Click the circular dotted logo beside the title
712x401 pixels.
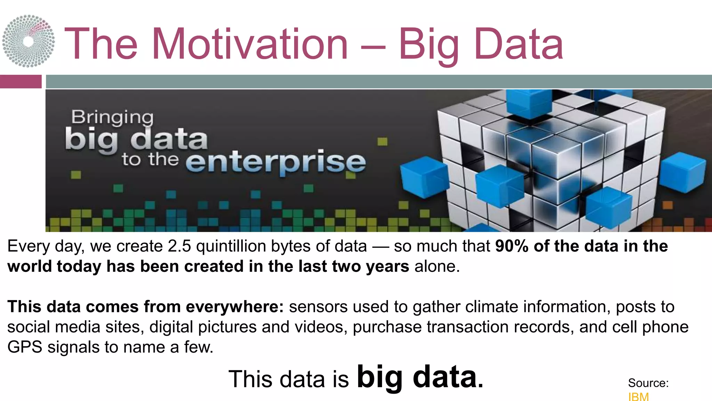click(29, 41)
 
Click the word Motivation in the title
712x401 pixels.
click(250, 44)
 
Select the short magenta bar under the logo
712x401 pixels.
click(21, 81)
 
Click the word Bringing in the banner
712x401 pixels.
click(112, 117)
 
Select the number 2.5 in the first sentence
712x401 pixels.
click(179, 246)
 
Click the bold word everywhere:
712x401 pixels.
click(235, 307)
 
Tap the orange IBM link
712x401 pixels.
click(638, 396)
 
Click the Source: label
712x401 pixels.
click(648, 383)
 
